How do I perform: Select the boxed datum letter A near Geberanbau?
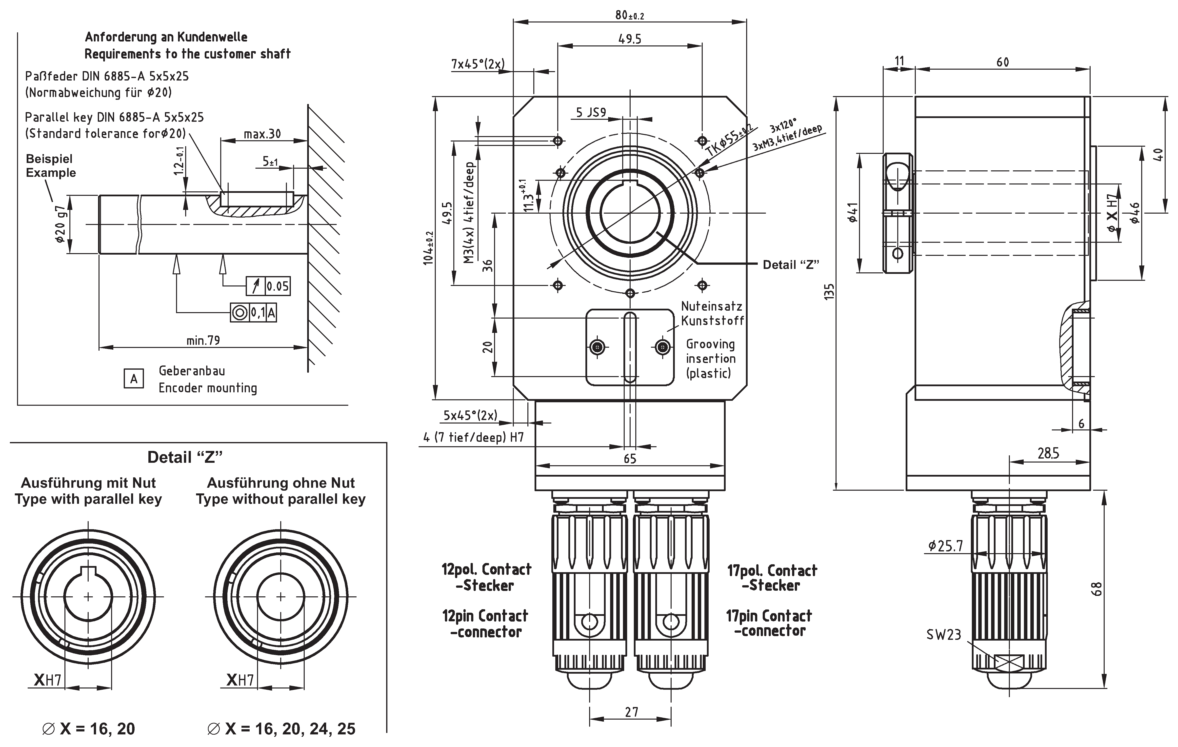pos(134,379)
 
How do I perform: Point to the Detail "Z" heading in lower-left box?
pos(185,457)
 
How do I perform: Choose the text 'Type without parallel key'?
pos(281,500)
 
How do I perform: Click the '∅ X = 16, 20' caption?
pos(89,729)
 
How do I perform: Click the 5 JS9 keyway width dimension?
pos(591,113)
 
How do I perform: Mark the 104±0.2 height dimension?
pos(429,248)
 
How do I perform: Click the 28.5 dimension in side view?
pos(1048,453)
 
